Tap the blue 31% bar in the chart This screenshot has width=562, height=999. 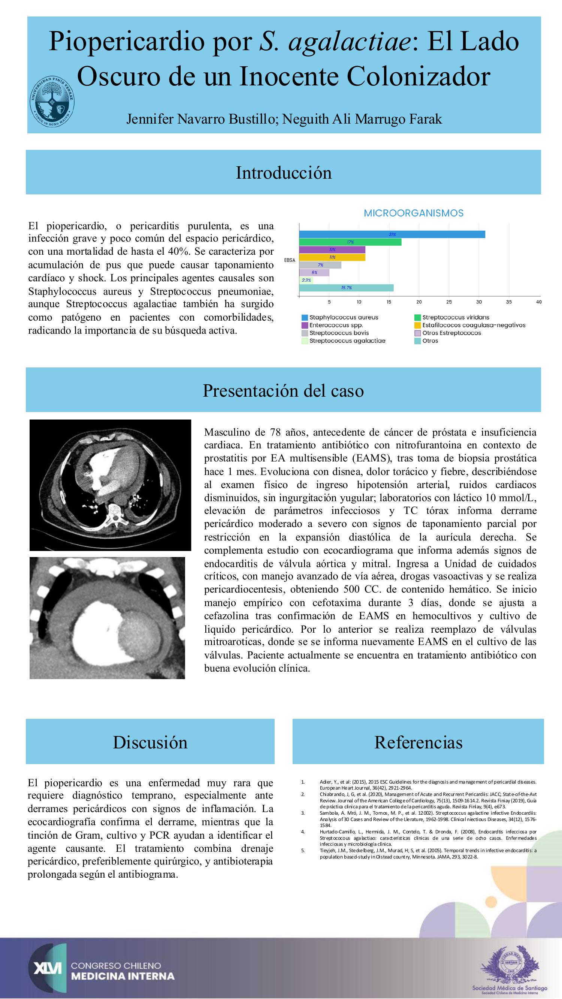click(x=392, y=234)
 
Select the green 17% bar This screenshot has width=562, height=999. click(x=350, y=242)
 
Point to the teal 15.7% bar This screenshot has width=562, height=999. click(x=346, y=288)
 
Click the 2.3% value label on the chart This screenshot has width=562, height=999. click(x=306, y=280)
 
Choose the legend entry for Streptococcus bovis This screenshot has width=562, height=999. click(x=339, y=333)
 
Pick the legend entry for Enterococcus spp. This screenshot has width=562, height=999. click(x=336, y=325)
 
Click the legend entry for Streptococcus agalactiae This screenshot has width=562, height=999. click(x=347, y=340)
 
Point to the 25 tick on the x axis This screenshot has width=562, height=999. click(x=449, y=302)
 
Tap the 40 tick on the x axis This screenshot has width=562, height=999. click(x=538, y=302)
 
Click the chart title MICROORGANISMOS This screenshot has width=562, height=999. click(x=414, y=213)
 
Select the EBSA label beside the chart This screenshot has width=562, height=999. click(x=290, y=260)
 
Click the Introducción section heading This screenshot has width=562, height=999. click(x=284, y=173)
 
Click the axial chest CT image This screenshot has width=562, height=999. click(x=111, y=485)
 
